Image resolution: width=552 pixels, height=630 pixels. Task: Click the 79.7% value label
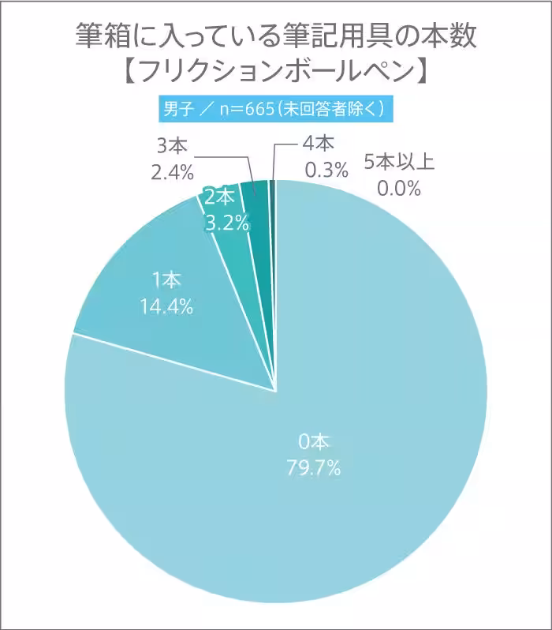pos(313,469)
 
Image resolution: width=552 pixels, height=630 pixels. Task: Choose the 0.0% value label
pos(397,189)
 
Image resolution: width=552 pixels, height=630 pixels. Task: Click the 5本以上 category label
pos(399,163)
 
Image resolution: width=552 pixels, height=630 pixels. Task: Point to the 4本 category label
pos(319,144)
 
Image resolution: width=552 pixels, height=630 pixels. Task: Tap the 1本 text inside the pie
pos(166,280)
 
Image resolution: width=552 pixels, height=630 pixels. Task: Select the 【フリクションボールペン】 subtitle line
pos(275,73)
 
